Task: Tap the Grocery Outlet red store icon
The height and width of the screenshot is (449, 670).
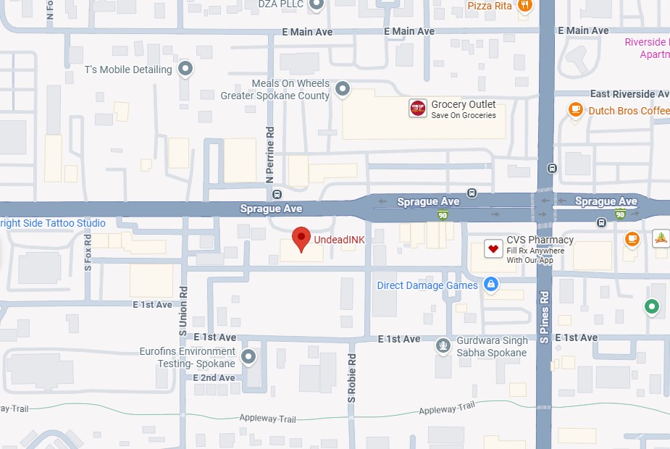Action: pyautogui.click(x=418, y=109)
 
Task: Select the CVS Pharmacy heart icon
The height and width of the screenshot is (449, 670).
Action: pyautogui.click(x=494, y=249)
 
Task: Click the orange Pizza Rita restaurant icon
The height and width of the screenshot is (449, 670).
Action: pyautogui.click(x=525, y=6)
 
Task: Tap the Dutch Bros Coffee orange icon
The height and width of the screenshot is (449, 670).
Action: pyautogui.click(x=576, y=110)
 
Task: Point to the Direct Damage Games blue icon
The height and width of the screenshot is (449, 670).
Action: pyautogui.click(x=491, y=285)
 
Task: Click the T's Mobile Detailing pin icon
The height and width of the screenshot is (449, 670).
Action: pyautogui.click(x=186, y=70)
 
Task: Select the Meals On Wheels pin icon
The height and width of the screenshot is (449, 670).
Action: pyautogui.click(x=343, y=90)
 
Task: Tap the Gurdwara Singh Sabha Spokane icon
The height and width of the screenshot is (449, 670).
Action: pyautogui.click(x=443, y=346)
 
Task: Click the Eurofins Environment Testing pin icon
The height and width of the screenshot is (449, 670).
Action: pyautogui.click(x=248, y=356)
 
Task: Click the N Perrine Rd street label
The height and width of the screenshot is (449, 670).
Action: pyautogui.click(x=269, y=154)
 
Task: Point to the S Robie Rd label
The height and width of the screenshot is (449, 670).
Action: pyautogui.click(x=352, y=379)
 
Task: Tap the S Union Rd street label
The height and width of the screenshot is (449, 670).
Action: pyautogui.click(x=183, y=310)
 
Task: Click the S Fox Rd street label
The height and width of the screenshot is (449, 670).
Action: pyautogui.click(x=88, y=252)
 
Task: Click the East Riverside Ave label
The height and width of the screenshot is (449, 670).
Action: pyautogui.click(x=629, y=94)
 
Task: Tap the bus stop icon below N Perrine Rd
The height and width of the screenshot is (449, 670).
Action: pyautogui.click(x=277, y=194)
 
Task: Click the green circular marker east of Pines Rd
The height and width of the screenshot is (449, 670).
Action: pyautogui.click(x=652, y=307)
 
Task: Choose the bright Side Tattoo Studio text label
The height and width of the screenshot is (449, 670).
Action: pyautogui.click(x=52, y=223)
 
